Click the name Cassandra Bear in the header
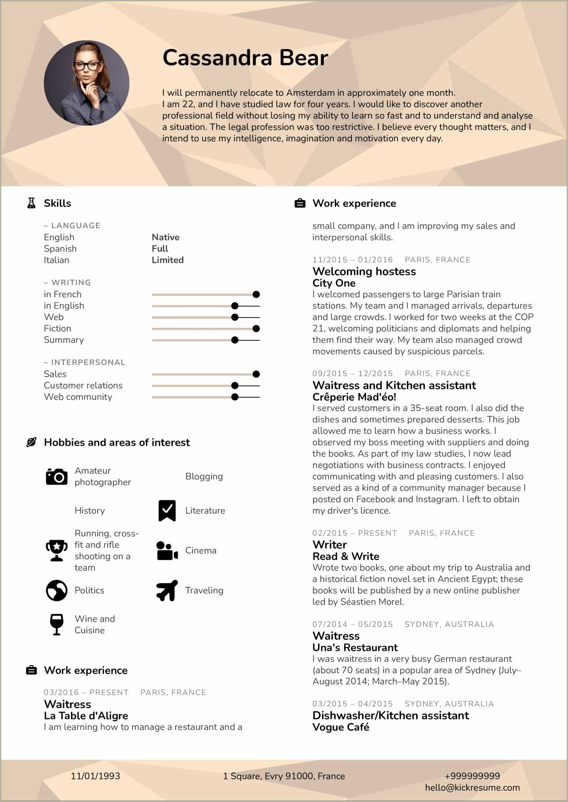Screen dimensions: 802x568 245,58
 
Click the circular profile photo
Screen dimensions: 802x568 86,83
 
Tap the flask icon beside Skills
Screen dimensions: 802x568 32,203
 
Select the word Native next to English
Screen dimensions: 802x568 165,237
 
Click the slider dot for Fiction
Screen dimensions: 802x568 256,328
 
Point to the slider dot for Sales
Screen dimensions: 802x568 256,374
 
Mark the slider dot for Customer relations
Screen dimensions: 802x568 235,385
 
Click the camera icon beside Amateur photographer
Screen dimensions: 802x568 57,477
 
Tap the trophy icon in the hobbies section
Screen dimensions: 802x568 57,550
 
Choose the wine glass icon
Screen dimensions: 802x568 57,624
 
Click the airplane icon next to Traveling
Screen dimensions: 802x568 167,590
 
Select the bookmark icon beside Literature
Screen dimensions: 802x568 167,511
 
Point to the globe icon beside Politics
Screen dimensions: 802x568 57,590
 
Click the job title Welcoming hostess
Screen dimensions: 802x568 364,271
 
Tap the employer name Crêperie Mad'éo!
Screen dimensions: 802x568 354,397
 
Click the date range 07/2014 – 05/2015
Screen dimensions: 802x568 352,624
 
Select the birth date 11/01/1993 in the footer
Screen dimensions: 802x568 95,776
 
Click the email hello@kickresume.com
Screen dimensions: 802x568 472,787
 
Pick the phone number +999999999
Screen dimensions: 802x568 472,776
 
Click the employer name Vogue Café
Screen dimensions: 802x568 341,727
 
